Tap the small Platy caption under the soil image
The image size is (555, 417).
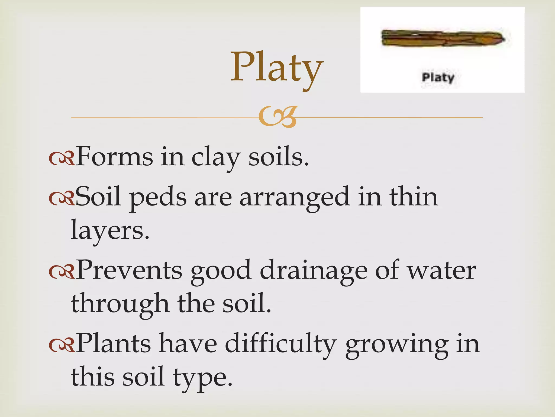click(438, 78)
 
